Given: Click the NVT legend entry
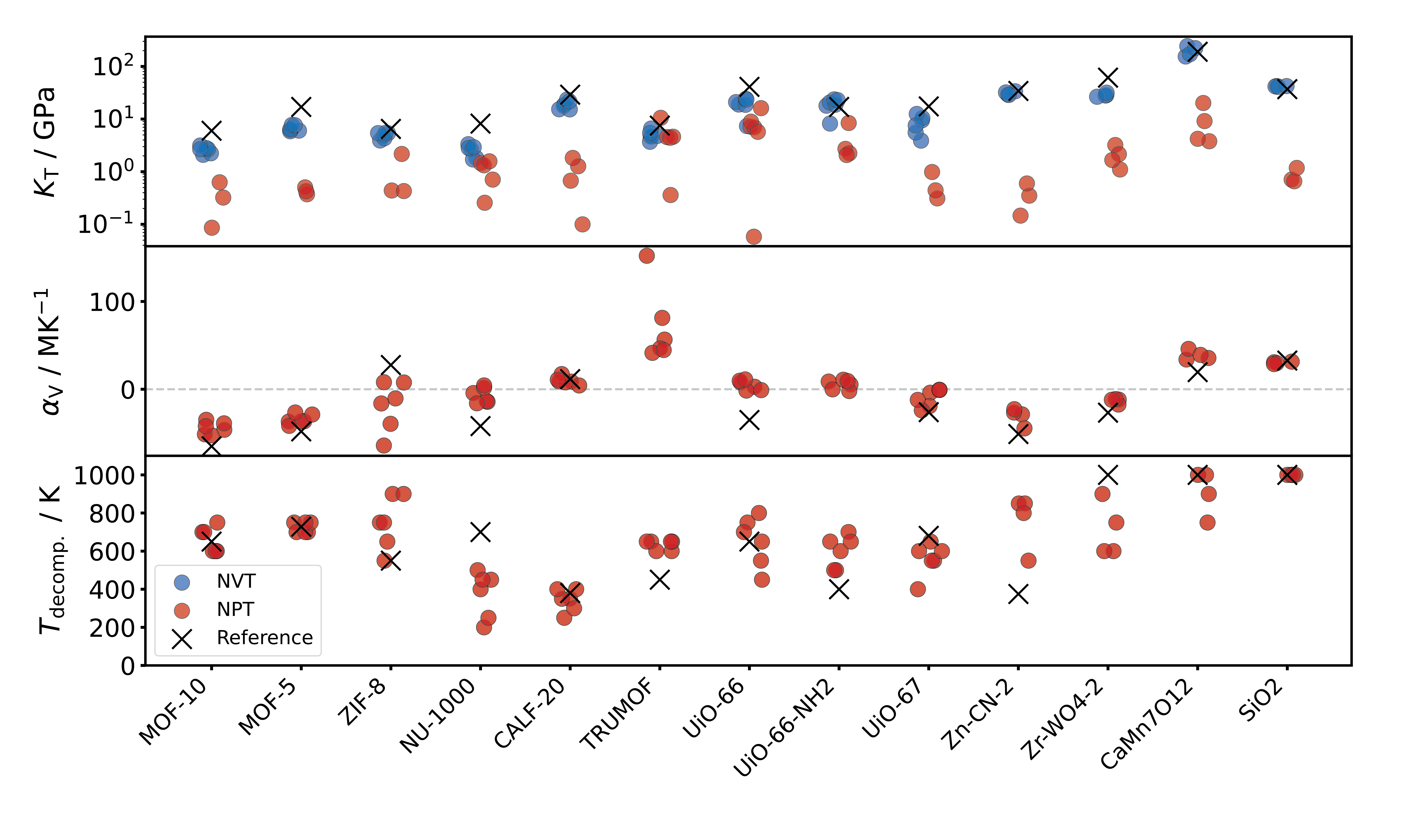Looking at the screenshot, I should pyautogui.click(x=236, y=581).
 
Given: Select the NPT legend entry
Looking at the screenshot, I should pyautogui.click(x=236, y=610).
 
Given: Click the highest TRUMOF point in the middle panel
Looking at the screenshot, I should pyautogui.click(x=646, y=256).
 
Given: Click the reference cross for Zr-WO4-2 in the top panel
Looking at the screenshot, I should pyautogui.click(x=1108, y=78).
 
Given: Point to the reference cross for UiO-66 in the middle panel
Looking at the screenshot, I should pyautogui.click(x=749, y=420).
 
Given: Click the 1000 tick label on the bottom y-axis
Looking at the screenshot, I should pyautogui.click(x=105, y=476).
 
